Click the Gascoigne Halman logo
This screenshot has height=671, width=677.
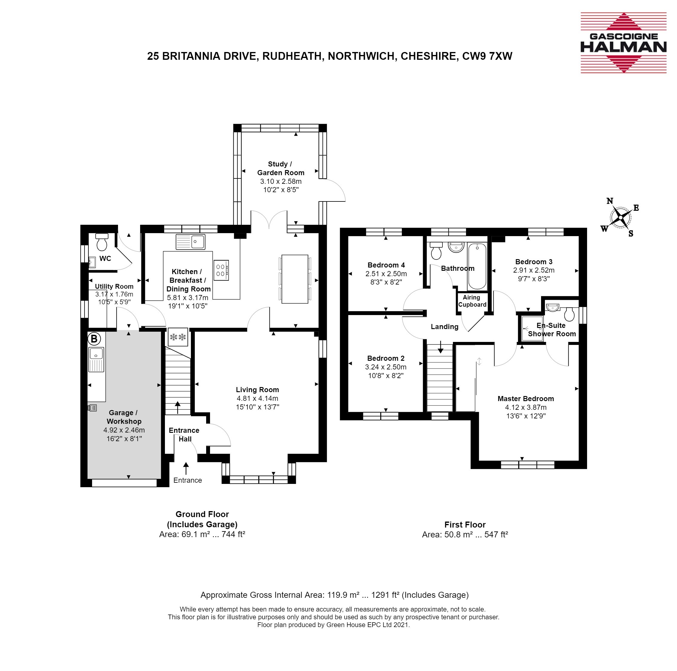click(624, 43)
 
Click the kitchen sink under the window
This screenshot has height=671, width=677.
click(191, 242)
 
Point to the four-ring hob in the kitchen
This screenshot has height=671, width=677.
click(221, 270)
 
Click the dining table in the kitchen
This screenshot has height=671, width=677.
click(295, 279)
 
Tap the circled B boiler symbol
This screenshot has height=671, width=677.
click(94, 339)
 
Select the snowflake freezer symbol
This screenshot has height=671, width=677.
click(178, 337)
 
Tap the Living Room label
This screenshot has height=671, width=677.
click(257, 389)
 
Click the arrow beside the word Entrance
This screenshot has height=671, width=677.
click(186, 469)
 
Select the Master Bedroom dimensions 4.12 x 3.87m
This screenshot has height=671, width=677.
click(526, 407)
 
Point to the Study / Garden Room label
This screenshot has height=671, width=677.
click(281, 168)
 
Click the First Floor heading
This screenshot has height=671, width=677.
click(465, 525)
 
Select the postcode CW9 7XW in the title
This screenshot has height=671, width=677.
click(487, 56)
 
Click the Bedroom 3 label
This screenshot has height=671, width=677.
click(534, 262)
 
